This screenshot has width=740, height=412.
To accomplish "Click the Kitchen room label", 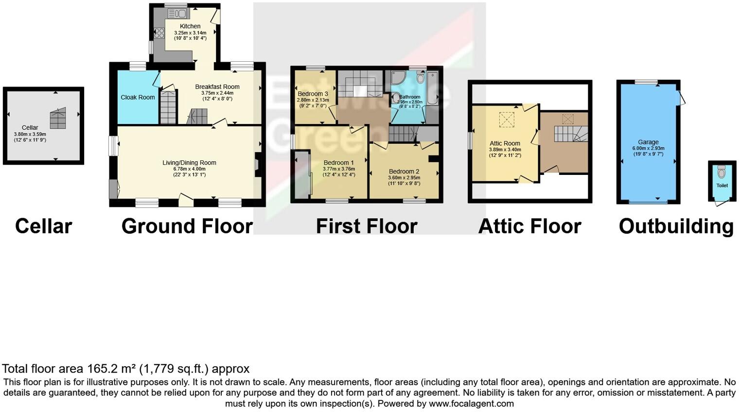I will (190, 26).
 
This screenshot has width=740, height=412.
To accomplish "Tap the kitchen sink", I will (178, 14).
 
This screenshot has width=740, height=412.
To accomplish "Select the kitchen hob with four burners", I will (159, 33).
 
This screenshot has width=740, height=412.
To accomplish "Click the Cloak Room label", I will (138, 97).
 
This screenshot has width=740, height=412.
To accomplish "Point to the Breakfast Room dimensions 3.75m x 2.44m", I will (217, 93).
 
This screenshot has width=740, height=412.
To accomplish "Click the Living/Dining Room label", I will (189, 163).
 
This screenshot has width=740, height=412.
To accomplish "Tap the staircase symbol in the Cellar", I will (58, 118).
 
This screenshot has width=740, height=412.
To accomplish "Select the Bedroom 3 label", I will (313, 94).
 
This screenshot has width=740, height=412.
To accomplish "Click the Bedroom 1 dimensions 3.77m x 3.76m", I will (338, 169).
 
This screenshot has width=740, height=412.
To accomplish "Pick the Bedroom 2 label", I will (404, 172).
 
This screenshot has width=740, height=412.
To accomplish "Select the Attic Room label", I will (505, 143).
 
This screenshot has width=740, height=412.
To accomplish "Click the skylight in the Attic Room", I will (507, 120).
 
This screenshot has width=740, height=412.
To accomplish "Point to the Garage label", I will (648, 142).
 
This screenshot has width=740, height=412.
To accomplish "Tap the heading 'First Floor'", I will (367, 226).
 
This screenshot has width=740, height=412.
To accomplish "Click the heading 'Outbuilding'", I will (676, 226).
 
